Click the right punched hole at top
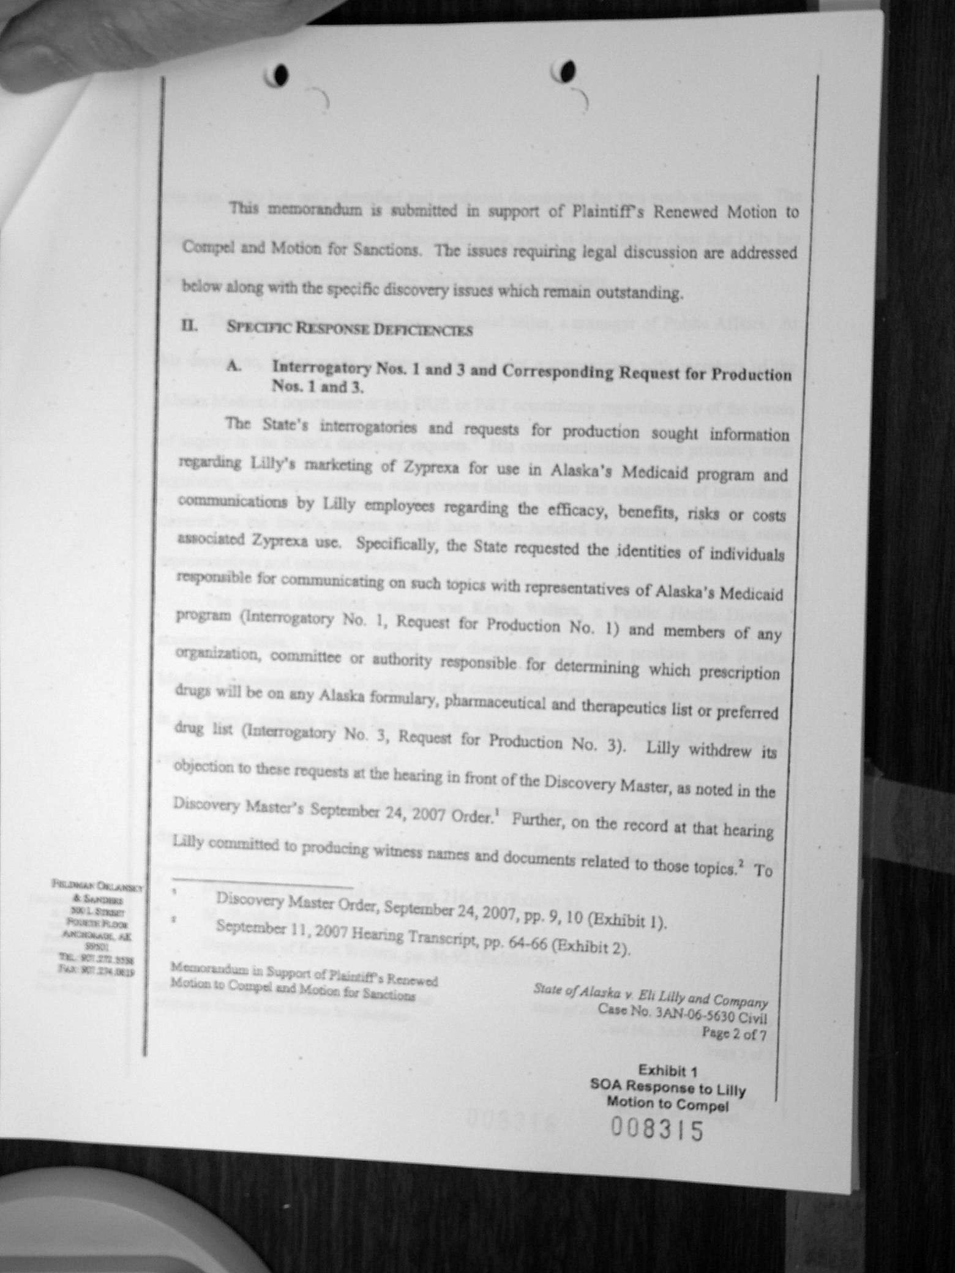pyautogui.click(x=567, y=70)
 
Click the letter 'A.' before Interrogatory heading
pyautogui.click(x=233, y=365)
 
